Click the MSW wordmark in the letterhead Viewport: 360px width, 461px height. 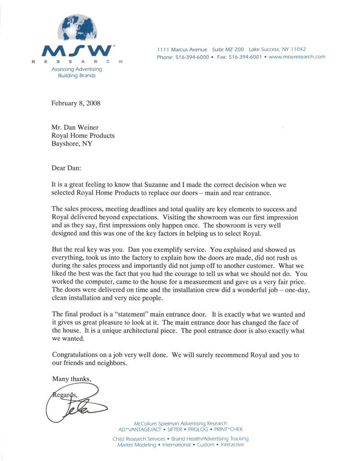pyautogui.click(x=77, y=50)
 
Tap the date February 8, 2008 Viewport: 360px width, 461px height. pyautogui.click(x=76, y=103)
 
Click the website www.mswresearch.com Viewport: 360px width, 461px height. pyautogui.click(x=296, y=57)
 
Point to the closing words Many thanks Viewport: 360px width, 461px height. pyautogui.click(x=71, y=379)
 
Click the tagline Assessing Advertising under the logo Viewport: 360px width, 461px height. pyautogui.click(x=77, y=69)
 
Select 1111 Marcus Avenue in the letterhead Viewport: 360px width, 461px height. pyautogui.click(x=182, y=50)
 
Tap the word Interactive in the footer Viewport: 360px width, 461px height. pyautogui.click(x=232, y=445)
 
